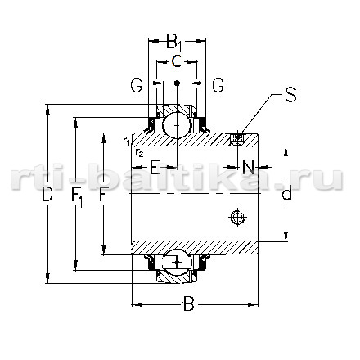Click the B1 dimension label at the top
173,43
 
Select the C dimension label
177,61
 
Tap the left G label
136,85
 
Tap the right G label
218,85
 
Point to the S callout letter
290,94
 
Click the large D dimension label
47,195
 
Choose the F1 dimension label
77,197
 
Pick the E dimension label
155,167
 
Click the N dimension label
248,167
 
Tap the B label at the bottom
188,304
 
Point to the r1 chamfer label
126,141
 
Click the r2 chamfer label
139,153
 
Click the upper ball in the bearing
177,125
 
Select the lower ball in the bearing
177,263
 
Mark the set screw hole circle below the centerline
237,218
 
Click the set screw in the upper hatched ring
237,139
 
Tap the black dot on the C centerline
177,83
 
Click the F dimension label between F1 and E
102,194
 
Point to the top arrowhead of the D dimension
48,110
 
